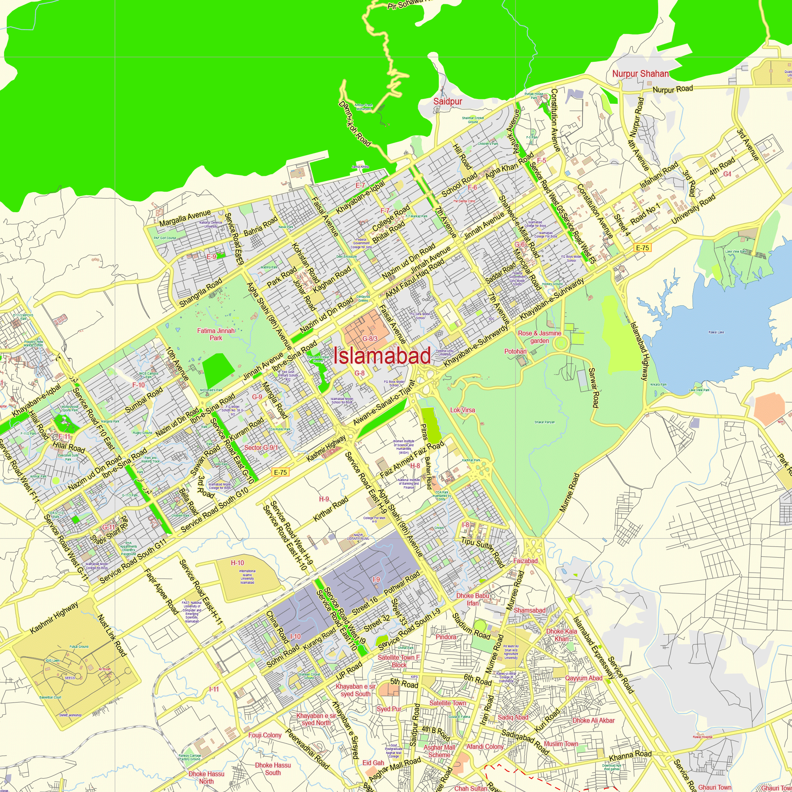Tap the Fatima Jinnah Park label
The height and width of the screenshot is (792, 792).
point(216,334)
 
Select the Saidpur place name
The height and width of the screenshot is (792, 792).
point(447,101)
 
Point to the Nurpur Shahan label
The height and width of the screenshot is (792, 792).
point(640,74)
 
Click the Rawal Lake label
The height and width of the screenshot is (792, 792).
point(716,333)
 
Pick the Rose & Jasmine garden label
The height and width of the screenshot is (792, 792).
point(539,337)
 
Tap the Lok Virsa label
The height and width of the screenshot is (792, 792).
point(463,410)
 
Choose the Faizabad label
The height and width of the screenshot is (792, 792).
point(525,561)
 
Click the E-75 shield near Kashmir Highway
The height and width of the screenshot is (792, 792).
point(280,472)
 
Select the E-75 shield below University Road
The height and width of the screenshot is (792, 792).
point(642,247)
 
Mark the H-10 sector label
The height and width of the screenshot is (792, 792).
point(237,563)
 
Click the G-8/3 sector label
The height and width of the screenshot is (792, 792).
point(370,339)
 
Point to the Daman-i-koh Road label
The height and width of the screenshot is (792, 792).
point(355,124)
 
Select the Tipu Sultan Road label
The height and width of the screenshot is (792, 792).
point(482,552)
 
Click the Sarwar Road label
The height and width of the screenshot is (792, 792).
point(594,388)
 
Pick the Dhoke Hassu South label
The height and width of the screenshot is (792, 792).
point(272,769)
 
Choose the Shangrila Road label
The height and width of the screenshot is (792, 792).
point(201,292)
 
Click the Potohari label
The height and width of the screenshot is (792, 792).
point(515,351)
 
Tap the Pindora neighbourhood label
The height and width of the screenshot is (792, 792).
point(445,637)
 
